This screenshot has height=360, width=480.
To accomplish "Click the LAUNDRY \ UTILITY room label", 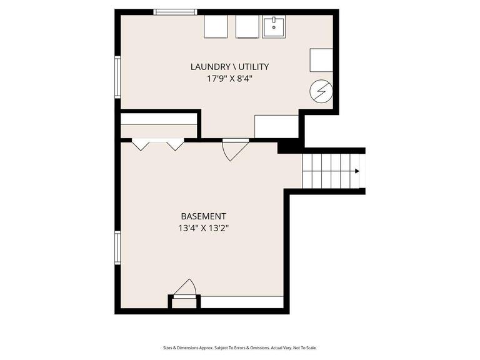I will (230, 67).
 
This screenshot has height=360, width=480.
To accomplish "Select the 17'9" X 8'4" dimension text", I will (230, 79).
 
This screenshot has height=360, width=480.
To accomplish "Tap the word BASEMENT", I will (203, 216).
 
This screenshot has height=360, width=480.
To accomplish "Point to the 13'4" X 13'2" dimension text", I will (203, 228).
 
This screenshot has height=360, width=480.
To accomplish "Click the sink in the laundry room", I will (274, 27).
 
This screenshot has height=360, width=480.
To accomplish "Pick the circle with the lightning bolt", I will (321, 92).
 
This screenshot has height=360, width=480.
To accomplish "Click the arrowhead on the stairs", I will (357, 171).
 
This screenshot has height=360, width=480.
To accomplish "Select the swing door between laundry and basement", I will (234, 149).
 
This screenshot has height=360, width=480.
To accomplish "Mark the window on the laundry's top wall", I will (176, 11).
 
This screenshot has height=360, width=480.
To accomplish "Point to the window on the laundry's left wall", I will (117, 77).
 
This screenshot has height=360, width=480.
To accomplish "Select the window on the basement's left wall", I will (117, 247).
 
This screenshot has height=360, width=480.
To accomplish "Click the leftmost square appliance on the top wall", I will (216, 27).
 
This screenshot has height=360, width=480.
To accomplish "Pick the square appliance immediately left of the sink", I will (247, 27).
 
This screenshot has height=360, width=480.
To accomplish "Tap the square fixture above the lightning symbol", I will (321, 60).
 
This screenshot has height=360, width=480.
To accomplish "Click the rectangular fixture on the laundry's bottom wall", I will (276, 126).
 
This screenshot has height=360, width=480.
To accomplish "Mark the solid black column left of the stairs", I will (289, 146).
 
